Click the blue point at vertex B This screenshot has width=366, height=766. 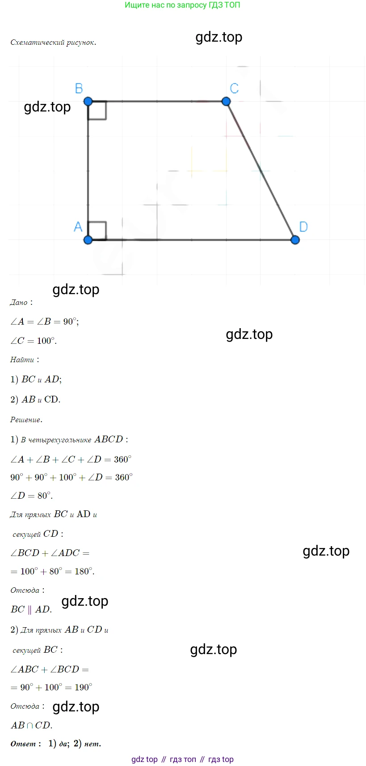pos(88,101)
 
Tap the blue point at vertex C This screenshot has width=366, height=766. pos(226,101)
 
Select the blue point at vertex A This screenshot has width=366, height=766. pos(88,240)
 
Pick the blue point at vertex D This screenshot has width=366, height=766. pos(295,240)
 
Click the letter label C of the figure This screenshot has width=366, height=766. pos(234,88)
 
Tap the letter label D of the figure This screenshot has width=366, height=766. pos(303,227)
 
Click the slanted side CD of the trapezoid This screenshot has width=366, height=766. pos(261,171)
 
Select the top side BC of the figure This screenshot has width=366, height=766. pos(157,101)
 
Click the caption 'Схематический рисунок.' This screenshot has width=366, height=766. pos(53,43)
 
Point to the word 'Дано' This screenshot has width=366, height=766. pos(19,303)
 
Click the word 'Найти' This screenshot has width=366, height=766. pos(22,360)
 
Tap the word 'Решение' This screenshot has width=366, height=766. pos(25,420)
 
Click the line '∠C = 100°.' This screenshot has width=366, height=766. pos(34,341)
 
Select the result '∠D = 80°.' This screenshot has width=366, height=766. pos(31,496)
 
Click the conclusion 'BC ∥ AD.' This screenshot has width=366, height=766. pos(31,609)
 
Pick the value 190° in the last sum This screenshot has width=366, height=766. pos(83,687)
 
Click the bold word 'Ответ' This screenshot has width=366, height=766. pos(23,744)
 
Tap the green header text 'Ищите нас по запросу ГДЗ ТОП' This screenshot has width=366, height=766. pos(182,5)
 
